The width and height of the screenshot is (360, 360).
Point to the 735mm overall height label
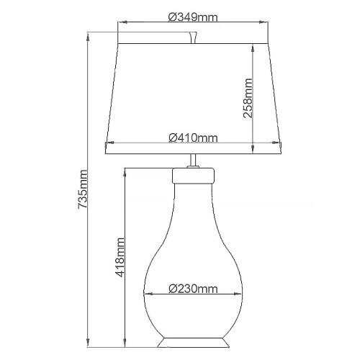point(83,189)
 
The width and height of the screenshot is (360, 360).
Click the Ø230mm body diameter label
point(193,289)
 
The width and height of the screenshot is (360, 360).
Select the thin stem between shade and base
point(193,163)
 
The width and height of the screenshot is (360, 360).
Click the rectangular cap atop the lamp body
point(193,175)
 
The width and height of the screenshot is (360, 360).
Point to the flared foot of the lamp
point(193,338)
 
